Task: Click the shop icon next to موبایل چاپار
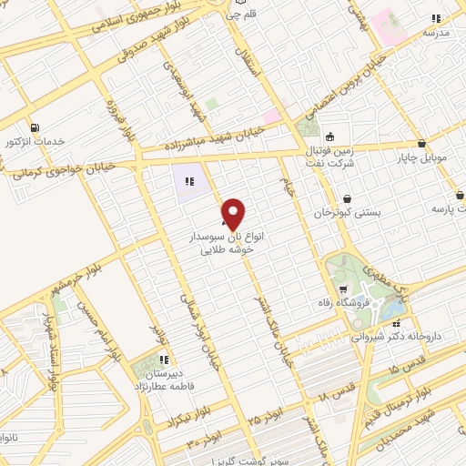tap(421, 143)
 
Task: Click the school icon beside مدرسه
tap(437, 18)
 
